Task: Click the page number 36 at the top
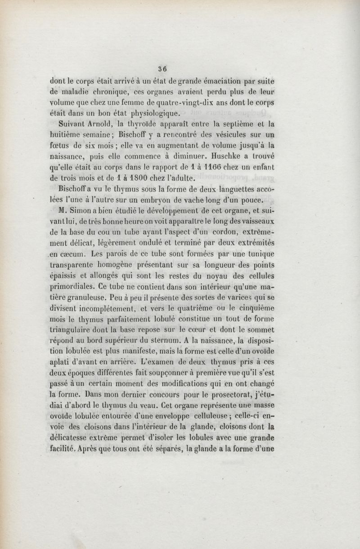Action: pyautogui.click(x=162, y=69)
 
